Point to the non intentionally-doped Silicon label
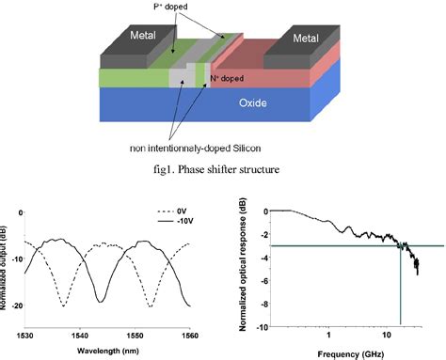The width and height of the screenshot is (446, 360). point(191,148)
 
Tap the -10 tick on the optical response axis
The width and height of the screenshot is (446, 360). point(258,326)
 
